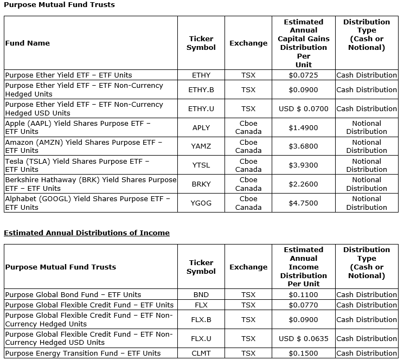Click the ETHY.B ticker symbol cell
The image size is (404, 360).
tap(201, 90)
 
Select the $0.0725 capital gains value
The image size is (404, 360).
tap(304, 75)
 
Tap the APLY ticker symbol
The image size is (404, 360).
tap(201, 128)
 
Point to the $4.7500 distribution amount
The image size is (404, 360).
tap(304, 203)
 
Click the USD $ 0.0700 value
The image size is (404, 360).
tap(304, 109)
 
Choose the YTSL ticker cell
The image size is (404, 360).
tap(201, 165)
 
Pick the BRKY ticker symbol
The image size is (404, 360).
tap(201, 184)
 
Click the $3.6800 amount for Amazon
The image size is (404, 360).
tap(304, 146)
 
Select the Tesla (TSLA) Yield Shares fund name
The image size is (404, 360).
tap(77, 165)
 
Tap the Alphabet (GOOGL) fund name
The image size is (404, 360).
tap(87, 203)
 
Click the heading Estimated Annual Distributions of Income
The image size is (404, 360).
tap(87, 233)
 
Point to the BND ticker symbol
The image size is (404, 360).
tap(201, 295)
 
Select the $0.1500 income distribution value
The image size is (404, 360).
tap(304, 353)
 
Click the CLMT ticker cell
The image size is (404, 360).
tap(201, 353)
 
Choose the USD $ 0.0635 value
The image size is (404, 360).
tap(304, 339)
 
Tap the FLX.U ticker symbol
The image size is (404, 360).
tap(201, 339)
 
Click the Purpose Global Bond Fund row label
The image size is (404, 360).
tap(73, 295)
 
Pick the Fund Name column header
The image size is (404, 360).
tap(27, 43)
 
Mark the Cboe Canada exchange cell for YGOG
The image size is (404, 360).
tap(248, 203)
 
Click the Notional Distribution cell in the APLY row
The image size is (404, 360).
tap(367, 128)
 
